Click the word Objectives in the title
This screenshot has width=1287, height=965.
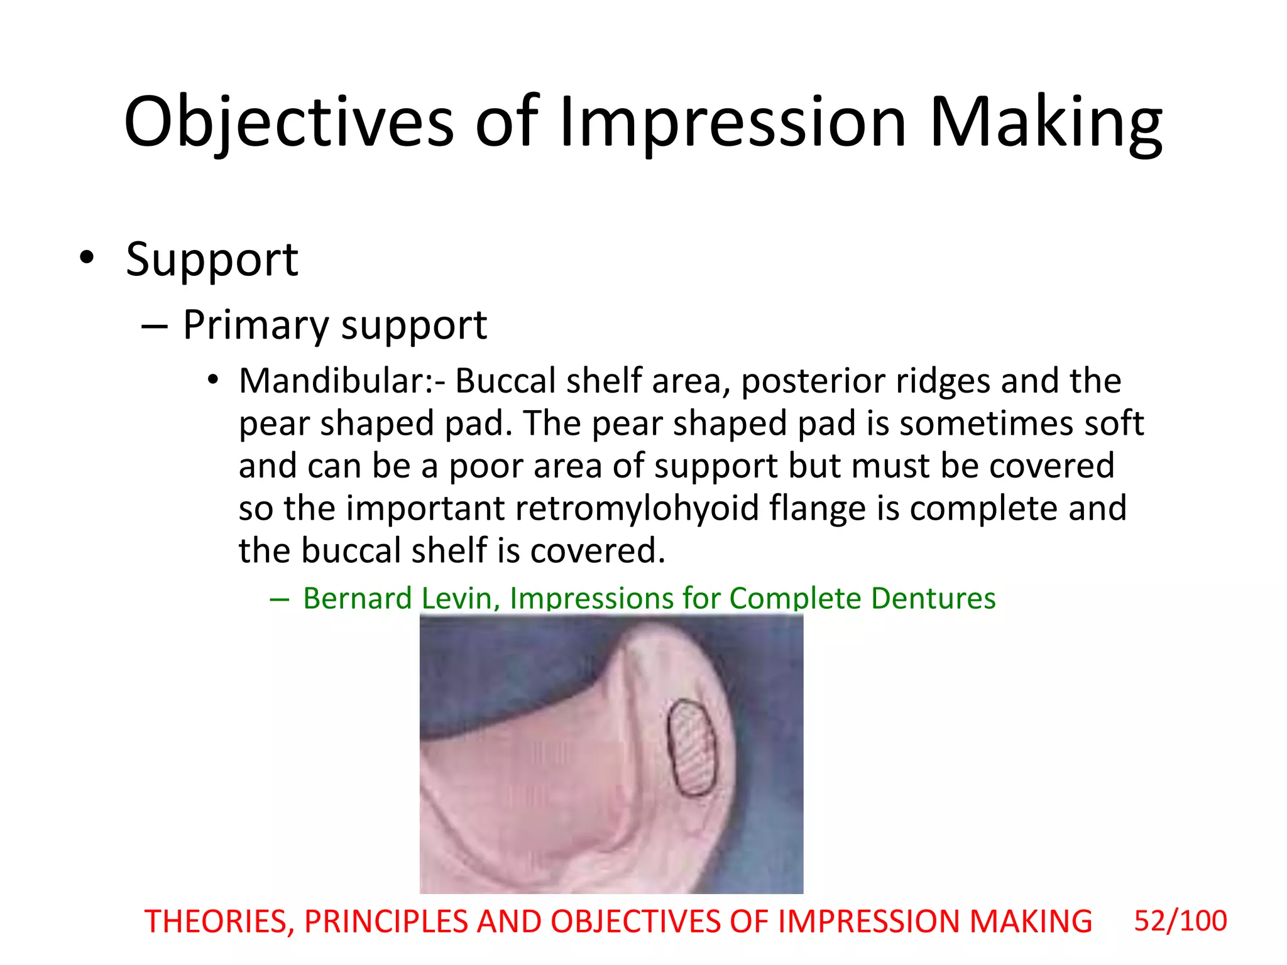288,123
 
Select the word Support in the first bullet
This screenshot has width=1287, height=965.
212,259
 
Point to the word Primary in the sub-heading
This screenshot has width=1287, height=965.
255,325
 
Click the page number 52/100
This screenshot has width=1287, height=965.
1180,921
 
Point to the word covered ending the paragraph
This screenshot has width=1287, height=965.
596,551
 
